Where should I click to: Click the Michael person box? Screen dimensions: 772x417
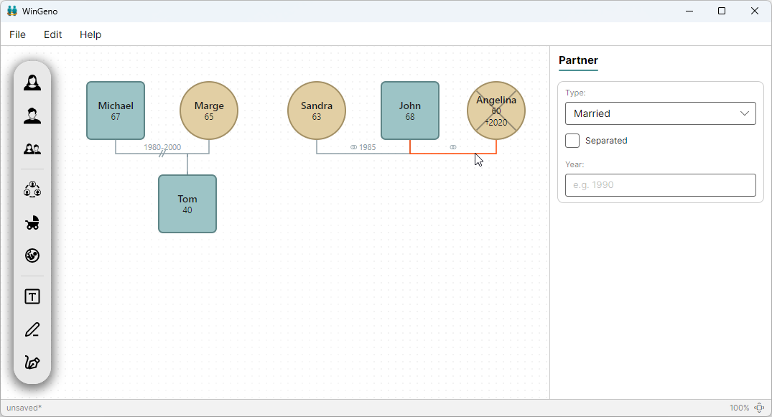pyautogui.click(x=116, y=111)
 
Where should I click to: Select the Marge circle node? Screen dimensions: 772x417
pyautogui.click(x=209, y=111)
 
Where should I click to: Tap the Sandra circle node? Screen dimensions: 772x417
pyautogui.click(x=317, y=111)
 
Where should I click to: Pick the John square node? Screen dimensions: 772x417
pyautogui.click(x=410, y=111)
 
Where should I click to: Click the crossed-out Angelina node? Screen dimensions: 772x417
pyautogui.click(x=496, y=111)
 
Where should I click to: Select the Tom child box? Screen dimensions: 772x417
pyautogui.click(x=187, y=204)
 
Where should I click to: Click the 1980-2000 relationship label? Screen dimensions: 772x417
pyautogui.click(x=162, y=147)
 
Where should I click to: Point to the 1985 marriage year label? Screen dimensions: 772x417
pyautogui.click(x=367, y=147)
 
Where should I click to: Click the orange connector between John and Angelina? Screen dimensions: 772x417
pyautogui.click(x=453, y=154)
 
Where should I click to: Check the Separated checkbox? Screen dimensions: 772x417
pyautogui.click(x=572, y=141)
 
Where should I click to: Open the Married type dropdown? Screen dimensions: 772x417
pyautogui.click(x=660, y=113)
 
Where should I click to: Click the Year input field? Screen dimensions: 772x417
pyautogui.click(x=660, y=185)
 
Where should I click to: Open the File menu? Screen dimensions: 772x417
pyautogui.click(x=18, y=34)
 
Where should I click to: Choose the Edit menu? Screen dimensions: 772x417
pyautogui.click(x=52, y=34)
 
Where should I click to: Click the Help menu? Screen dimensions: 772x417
pyautogui.click(x=90, y=34)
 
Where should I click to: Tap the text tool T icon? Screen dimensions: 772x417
pyautogui.click(x=32, y=297)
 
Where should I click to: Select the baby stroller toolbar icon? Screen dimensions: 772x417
pyautogui.click(x=32, y=223)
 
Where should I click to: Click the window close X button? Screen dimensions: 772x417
pyautogui.click(x=755, y=11)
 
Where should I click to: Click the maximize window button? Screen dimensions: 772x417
pyautogui.click(x=722, y=11)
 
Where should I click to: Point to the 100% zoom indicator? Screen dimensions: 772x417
pyautogui.click(x=739, y=408)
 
